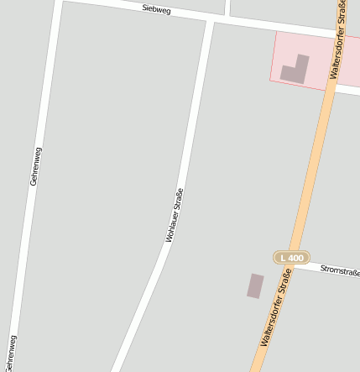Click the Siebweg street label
(157, 10)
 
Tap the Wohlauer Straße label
(175, 216)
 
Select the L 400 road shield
(292, 257)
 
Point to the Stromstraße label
(341, 270)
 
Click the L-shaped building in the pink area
(295, 70)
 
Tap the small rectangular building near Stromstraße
(255, 286)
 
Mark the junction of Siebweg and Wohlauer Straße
(210, 19)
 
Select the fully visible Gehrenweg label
(35, 165)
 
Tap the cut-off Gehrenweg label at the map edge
(10, 353)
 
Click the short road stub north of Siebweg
(228, 8)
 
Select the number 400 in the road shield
(296, 257)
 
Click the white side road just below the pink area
(347, 90)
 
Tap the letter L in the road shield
(284, 257)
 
